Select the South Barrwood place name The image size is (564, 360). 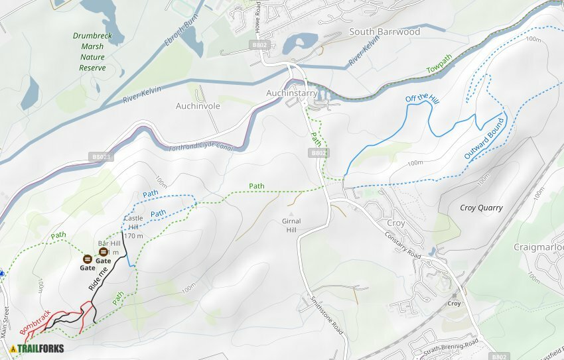click(x=384, y=32)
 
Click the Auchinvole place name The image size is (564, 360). click(x=197, y=106)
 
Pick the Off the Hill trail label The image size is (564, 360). click(x=423, y=98)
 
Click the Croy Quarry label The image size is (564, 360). click(x=481, y=208)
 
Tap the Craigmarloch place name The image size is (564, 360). click(x=539, y=247)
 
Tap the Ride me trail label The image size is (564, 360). click(x=98, y=278)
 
